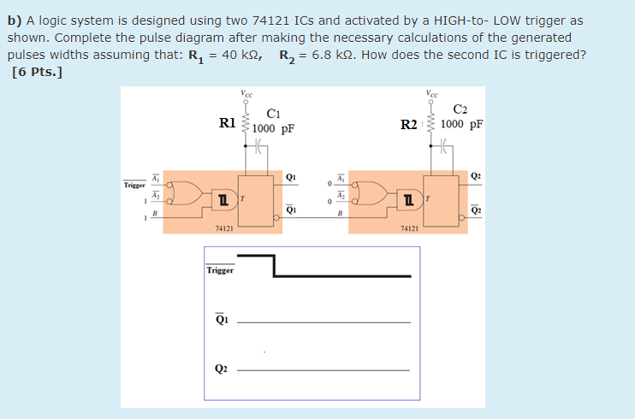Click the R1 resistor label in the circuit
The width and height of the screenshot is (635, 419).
[x=228, y=122]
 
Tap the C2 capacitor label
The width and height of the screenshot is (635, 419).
[x=460, y=108]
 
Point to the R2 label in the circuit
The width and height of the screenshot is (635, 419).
[x=410, y=125]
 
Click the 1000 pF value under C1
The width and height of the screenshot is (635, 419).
[x=275, y=129]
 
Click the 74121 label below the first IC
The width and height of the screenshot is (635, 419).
[x=224, y=229]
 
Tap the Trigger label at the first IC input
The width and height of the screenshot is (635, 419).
[x=134, y=184]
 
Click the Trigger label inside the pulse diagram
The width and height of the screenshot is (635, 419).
[x=221, y=270]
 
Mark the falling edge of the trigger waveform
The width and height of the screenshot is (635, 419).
[x=274, y=265]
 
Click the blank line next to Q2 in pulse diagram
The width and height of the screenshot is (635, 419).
[x=323, y=370]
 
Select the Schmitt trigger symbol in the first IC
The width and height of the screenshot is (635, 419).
[x=223, y=199]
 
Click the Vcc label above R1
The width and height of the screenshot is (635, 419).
[x=246, y=93]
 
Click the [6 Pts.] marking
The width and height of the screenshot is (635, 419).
[x=38, y=72]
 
